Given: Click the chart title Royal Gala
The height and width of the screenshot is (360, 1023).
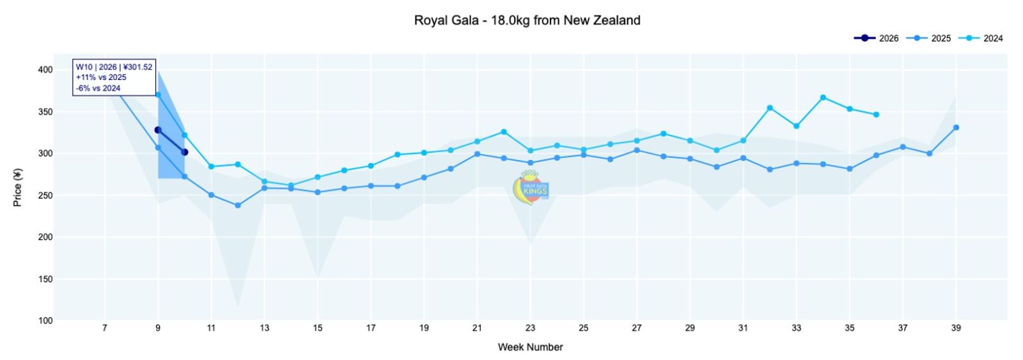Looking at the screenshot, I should (x=527, y=20).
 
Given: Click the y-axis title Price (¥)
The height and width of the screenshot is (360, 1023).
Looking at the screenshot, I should (x=18, y=187).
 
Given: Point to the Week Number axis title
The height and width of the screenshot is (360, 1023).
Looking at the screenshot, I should (x=530, y=347).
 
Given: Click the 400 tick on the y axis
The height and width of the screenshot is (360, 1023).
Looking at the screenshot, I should (x=45, y=70).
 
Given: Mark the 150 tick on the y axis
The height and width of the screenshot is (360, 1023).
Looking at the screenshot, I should (x=45, y=279).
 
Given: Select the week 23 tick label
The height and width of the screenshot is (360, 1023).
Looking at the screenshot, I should (x=530, y=328).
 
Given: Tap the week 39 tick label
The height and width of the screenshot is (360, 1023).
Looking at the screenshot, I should (x=956, y=328).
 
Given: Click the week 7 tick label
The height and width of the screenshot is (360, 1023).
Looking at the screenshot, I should (x=105, y=328).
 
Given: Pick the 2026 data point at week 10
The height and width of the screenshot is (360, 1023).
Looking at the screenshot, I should (x=185, y=152).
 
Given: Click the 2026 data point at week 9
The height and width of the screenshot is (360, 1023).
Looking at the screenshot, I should (x=158, y=130).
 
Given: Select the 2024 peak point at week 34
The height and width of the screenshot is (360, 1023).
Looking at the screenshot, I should (x=823, y=98).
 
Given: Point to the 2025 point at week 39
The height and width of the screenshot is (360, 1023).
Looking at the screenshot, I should (x=956, y=127).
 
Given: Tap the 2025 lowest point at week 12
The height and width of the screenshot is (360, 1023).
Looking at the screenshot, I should (x=238, y=205).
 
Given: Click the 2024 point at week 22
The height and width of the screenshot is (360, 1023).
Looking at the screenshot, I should (x=504, y=132).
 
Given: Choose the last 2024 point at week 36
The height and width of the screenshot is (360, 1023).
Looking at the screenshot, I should (x=876, y=114).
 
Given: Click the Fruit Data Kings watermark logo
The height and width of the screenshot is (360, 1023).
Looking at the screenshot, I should (x=531, y=188).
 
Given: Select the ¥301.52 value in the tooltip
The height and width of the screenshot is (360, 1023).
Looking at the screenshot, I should (x=137, y=67).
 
